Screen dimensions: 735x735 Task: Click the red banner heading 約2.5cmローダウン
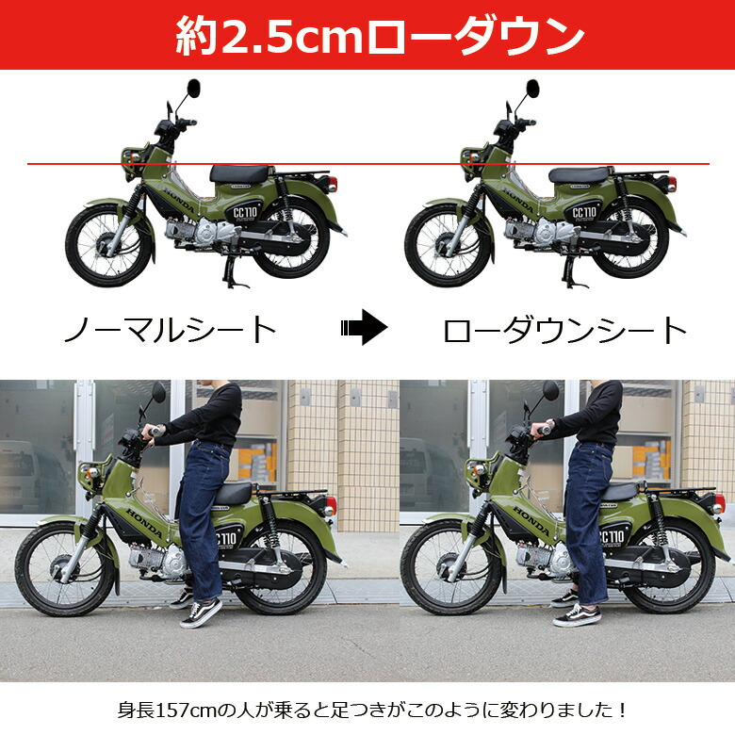(367, 36)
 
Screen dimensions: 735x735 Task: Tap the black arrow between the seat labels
(363, 329)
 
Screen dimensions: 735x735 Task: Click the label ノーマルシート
(170, 330)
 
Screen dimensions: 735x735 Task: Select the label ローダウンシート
(565, 330)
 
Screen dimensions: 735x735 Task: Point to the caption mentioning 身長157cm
(367, 709)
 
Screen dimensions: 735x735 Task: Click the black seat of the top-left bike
(240, 173)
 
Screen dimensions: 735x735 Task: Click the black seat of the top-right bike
(579, 174)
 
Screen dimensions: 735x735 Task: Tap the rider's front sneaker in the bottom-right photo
(576, 615)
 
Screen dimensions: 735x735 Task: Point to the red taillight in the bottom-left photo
(330, 505)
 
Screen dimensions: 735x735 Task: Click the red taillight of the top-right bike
(672, 184)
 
